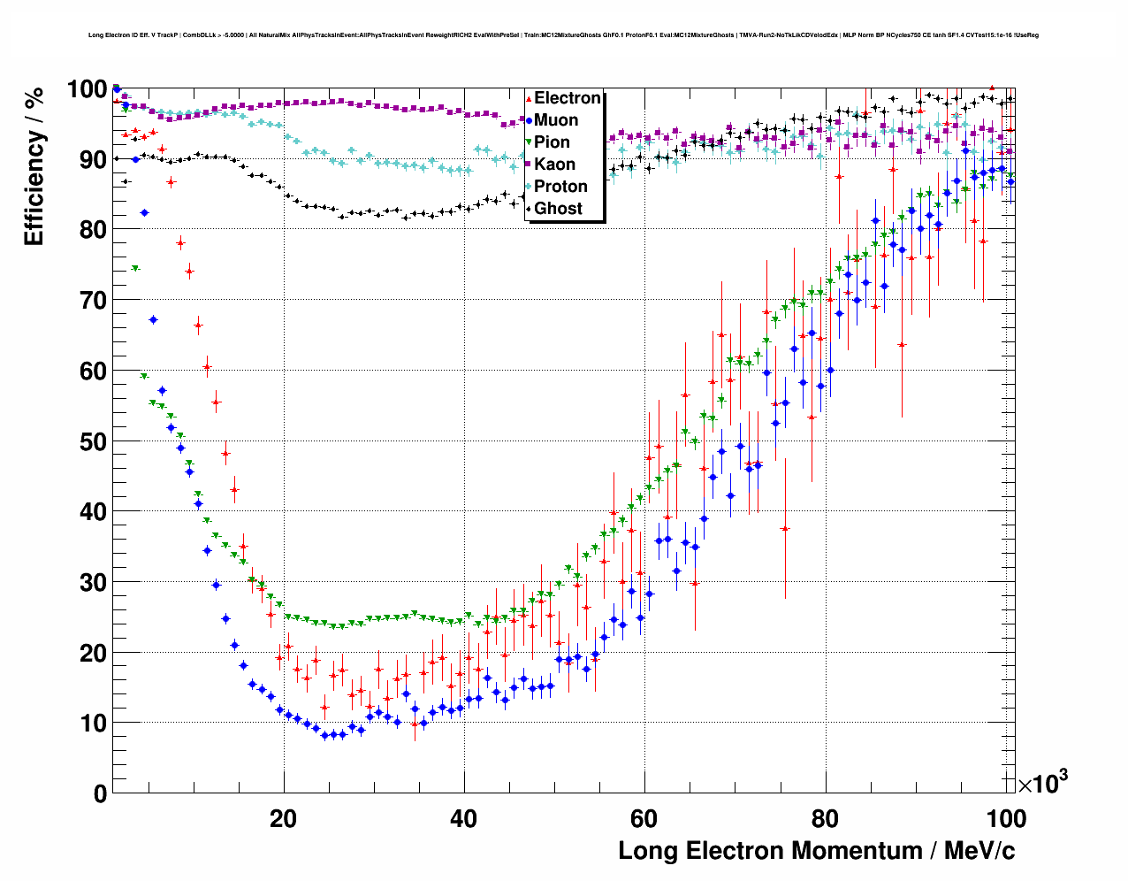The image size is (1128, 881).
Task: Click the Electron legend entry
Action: [567, 98]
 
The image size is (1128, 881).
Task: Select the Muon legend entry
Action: [556, 120]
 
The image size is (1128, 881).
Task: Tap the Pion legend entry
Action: [552, 142]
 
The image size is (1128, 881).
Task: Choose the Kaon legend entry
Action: [554, 165]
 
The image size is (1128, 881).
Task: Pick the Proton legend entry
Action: [560, 187]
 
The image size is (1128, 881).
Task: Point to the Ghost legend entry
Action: [558, 209]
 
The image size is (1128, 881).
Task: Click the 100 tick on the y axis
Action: [88, 89]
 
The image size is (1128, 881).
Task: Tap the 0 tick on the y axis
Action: [100, 793]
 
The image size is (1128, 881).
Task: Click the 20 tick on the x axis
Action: [284, 818]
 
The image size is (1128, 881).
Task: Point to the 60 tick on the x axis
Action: [644, 818]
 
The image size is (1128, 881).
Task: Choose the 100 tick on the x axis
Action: [1006, 818]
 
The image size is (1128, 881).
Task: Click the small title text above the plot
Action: [563, 35]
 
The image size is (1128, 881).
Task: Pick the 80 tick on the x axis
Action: [825, 818]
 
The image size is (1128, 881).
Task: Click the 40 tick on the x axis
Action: [464, 818]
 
